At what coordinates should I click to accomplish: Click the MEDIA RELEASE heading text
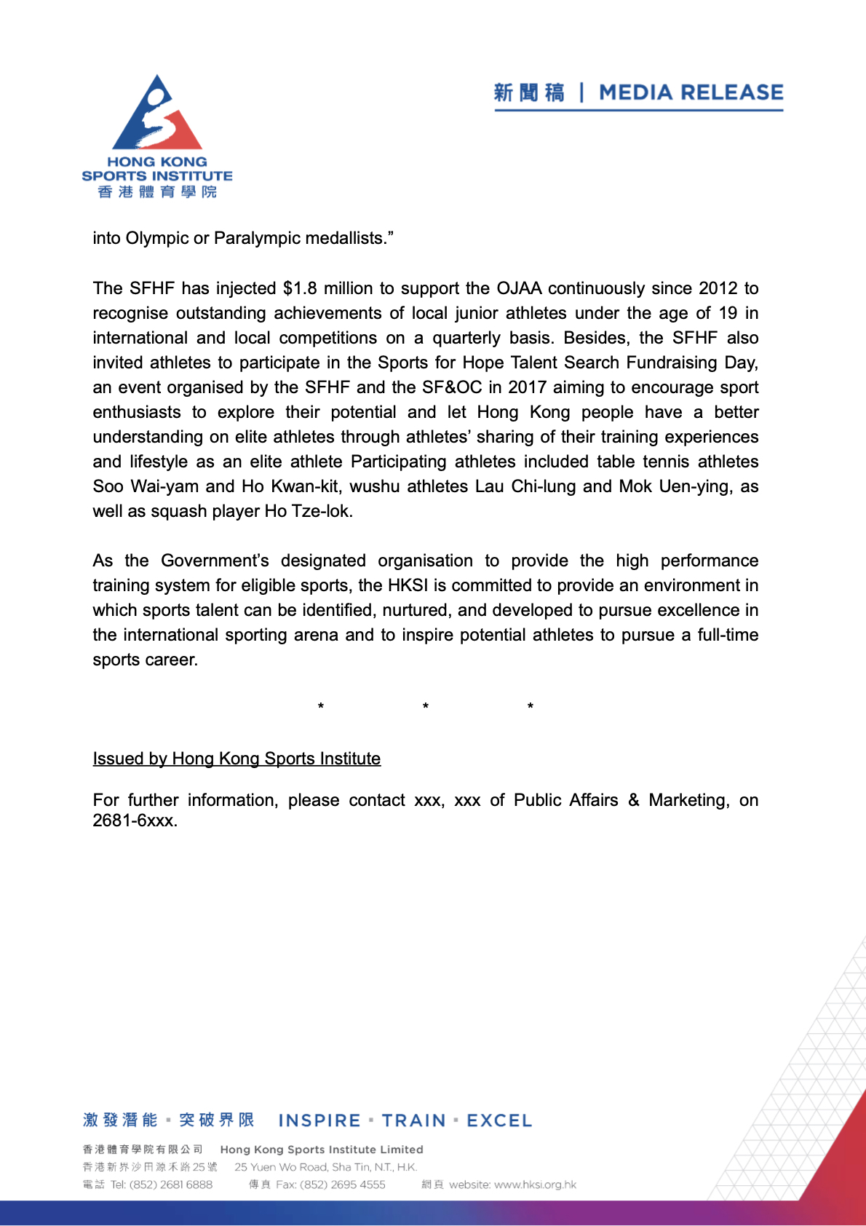coord(691,92)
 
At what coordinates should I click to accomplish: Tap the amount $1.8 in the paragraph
coord(300,288)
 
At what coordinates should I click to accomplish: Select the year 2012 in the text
coord(718,288)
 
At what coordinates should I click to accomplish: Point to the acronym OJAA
coord(519,288)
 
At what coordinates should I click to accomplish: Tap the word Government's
coord(215,561)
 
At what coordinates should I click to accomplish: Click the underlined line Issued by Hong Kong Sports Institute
coord(237,759)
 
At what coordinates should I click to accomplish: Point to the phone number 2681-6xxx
coord(135,820)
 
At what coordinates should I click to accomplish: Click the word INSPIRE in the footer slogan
coord(319,1120)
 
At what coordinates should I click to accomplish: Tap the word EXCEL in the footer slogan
coord(499,1120)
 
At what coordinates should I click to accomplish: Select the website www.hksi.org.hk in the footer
coord(535,1185)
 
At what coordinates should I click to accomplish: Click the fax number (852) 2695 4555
coord(342,1185)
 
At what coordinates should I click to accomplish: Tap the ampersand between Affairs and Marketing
coord(634,800)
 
